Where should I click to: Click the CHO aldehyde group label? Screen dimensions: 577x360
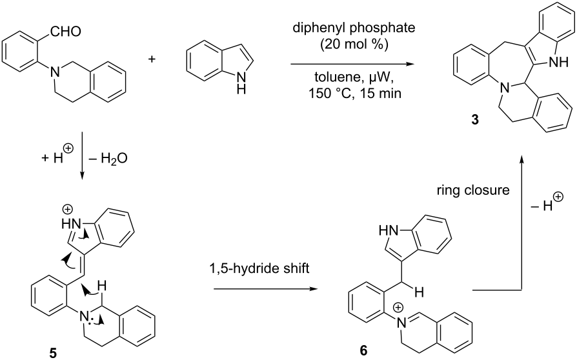[66, 32]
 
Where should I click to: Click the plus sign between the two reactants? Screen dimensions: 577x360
[152, 59]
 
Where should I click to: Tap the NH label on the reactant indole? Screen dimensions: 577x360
[241, 83]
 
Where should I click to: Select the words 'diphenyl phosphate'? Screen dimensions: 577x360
[354, 28]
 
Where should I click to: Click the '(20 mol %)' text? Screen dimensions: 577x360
[354, 45]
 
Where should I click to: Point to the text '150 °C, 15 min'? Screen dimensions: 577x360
[354, 94]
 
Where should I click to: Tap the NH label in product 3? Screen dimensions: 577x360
[558, 63]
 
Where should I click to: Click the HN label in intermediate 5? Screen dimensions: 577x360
[70, 223]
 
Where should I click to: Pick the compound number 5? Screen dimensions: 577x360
[54, 353]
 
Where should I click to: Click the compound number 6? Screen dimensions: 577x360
[363, 351]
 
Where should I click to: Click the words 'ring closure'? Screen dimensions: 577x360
[473, 190]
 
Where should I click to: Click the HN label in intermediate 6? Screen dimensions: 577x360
[389, 230]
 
